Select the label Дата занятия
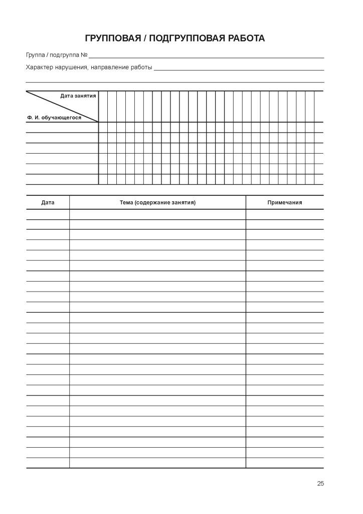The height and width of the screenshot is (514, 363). coord(78,95)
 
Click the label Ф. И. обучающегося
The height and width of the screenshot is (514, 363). coord(54,117)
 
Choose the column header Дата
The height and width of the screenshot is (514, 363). coord(48,203)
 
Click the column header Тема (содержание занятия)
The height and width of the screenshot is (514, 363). coord(157,203)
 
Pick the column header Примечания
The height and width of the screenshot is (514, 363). coord(285,203)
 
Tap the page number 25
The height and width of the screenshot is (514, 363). coord(320,484)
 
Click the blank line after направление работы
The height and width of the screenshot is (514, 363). coord(239,69)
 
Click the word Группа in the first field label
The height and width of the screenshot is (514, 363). coord(35,55)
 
